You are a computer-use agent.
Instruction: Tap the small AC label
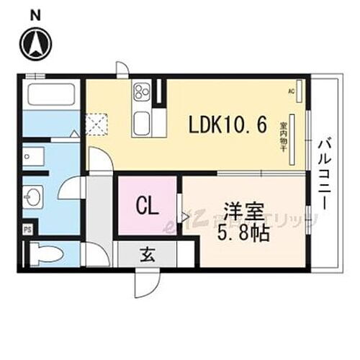pyautogui.click(x=292, y=91)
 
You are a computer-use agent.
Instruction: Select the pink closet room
pyautogui.click(x=147, y=207)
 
